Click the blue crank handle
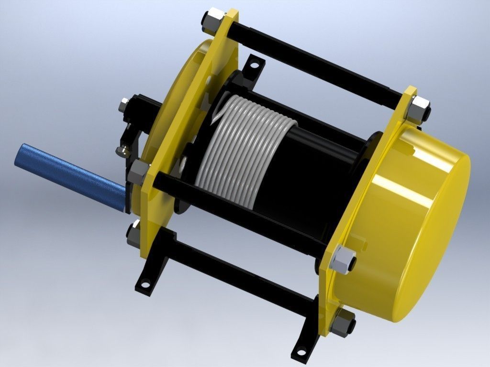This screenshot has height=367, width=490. (x=67, y=175)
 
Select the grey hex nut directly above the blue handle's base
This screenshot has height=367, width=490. (x=139, y=171)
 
